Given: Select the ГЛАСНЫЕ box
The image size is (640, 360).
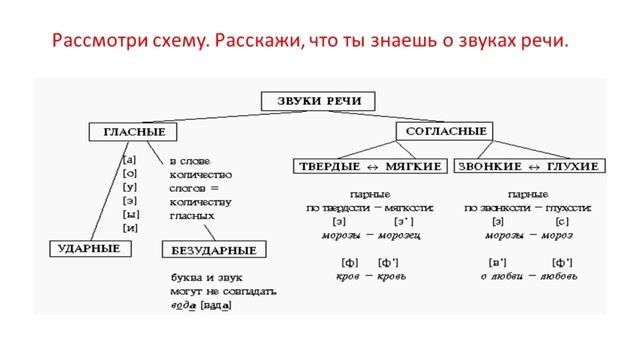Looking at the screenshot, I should click(128, 132).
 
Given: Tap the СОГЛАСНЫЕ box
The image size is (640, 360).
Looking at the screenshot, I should click(447, 131).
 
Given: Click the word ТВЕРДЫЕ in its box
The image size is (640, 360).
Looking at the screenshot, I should click(327, 165).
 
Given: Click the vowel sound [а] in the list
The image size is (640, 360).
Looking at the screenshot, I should click(130, 159).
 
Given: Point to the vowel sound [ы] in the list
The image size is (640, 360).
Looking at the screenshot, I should click(130, 214).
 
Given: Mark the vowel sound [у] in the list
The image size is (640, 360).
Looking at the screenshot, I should click(130, 186).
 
